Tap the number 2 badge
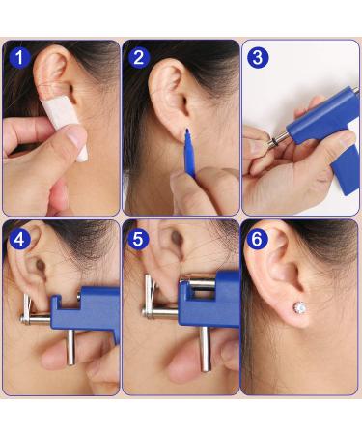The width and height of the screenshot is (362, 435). pyautogui.click(x=137, y=57)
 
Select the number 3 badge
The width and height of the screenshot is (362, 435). pyautogui.click(x=256, y=57)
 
